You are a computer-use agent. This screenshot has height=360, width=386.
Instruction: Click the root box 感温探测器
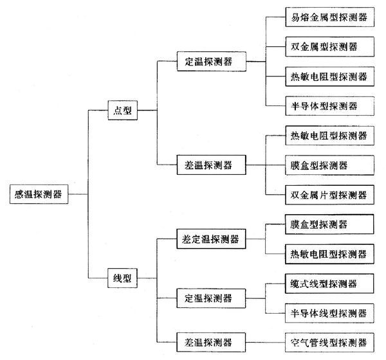39,194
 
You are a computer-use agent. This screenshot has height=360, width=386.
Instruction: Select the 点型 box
123,110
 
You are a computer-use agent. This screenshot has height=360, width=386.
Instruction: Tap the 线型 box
122,278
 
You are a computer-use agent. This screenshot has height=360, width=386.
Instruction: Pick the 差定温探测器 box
211,239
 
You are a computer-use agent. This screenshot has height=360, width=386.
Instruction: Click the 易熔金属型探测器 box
330,17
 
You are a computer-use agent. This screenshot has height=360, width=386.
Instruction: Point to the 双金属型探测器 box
330,47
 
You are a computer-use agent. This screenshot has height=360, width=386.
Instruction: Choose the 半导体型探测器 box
330,106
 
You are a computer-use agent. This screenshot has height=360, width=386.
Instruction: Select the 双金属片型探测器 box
329,195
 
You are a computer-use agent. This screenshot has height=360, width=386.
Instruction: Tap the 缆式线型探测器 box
329,283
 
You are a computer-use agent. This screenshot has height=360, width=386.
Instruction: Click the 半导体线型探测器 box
329,313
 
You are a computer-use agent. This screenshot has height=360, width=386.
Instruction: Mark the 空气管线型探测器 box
329,343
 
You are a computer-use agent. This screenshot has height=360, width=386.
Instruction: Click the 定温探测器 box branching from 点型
212,62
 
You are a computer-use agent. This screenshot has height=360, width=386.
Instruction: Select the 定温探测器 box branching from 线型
211,298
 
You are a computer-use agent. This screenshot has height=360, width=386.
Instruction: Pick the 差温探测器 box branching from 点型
212,165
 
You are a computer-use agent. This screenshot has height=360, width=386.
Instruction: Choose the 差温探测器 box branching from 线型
211,342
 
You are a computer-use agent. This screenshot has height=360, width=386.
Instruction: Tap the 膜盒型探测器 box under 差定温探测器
329,224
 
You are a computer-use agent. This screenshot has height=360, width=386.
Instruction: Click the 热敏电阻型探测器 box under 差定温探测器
329,254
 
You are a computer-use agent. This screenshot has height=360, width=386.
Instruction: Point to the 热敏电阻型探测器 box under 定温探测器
330,76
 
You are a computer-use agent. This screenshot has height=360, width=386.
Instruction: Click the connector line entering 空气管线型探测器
265,342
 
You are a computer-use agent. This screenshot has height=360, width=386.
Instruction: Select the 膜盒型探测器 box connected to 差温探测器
329,165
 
